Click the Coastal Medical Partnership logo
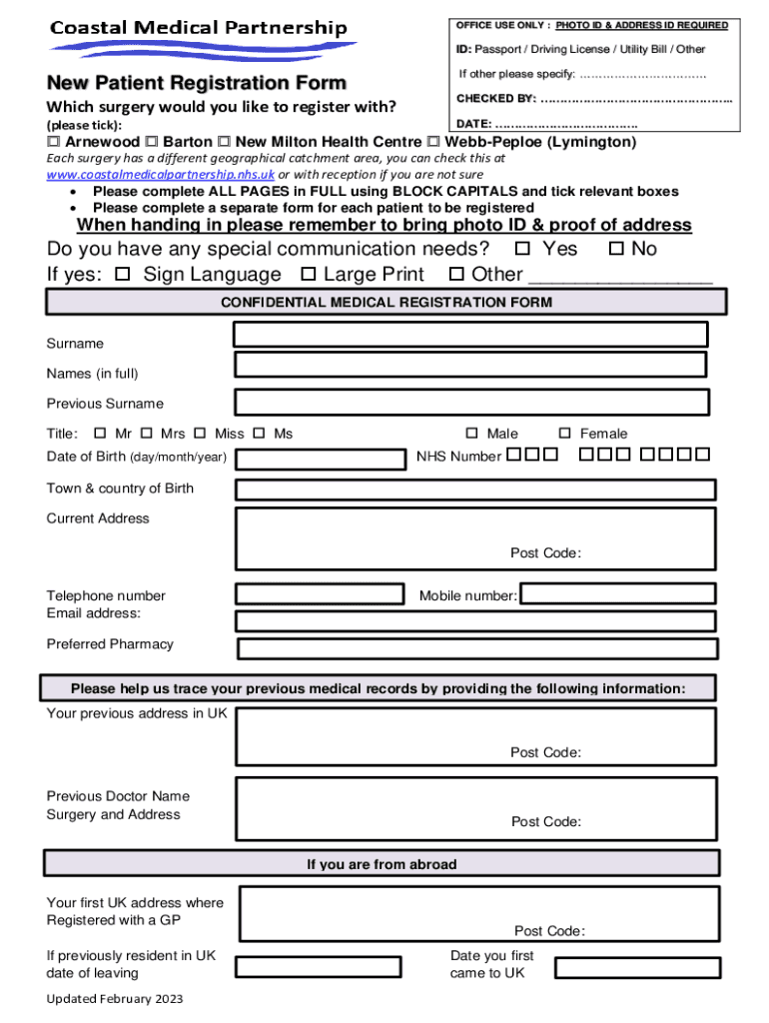(x=200, y=38)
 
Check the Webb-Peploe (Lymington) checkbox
(x=433, y=142)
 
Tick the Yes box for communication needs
(x=522, y=249)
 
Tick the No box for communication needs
(x=616, y=249)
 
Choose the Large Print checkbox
(x=309, y=274)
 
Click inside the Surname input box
(x=470, y=334)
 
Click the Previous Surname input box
(x=472, y=402)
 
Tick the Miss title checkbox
(x=200, y=434)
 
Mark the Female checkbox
(x=564, y=434)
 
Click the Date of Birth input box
(x=319, y=460)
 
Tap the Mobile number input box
(x=618, y=593)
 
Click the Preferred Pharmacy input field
(x=477, y=648)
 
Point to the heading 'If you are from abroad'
(x=382, y=864)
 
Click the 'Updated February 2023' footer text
(x=115, y=999)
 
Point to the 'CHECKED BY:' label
(x=496, y=99)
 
